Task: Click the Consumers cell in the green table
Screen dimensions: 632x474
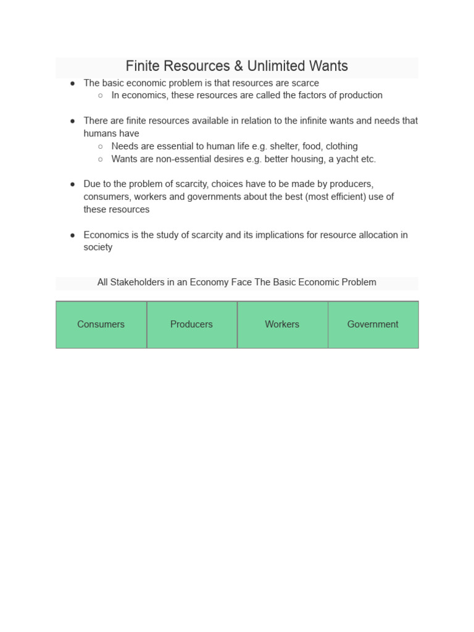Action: pos(101,325)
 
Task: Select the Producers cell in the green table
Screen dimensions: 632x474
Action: pos(191,325)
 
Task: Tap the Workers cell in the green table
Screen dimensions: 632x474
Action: pos(282,325)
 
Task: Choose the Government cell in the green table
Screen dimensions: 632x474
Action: pos(373,325)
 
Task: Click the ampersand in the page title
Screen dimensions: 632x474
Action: pos(238,66)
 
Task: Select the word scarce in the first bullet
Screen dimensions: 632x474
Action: pos(305,83)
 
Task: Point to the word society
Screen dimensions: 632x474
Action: pos(98,247)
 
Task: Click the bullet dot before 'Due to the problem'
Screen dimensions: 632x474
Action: pos(73,185)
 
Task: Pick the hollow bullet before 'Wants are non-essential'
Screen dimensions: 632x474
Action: pos(101,159)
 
